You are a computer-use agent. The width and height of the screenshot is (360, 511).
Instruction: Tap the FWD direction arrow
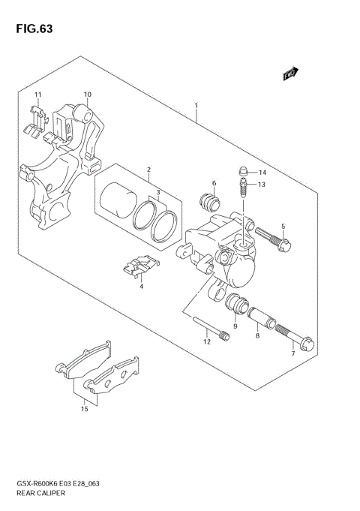tap(291, 74)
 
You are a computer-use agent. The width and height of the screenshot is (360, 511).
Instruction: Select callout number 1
tap(195, 106)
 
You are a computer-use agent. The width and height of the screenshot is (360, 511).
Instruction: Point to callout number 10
tap(87, 95)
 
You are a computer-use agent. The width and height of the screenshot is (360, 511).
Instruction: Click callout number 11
tap(36, 94)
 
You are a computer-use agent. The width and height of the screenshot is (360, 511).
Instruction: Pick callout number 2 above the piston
tap(148, 170)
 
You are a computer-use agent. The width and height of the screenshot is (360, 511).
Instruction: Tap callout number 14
tap(262, 172)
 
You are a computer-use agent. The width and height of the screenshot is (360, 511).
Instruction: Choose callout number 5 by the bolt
tap(283, 227)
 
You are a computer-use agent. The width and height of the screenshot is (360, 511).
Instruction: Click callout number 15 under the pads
tap(84, 410)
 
